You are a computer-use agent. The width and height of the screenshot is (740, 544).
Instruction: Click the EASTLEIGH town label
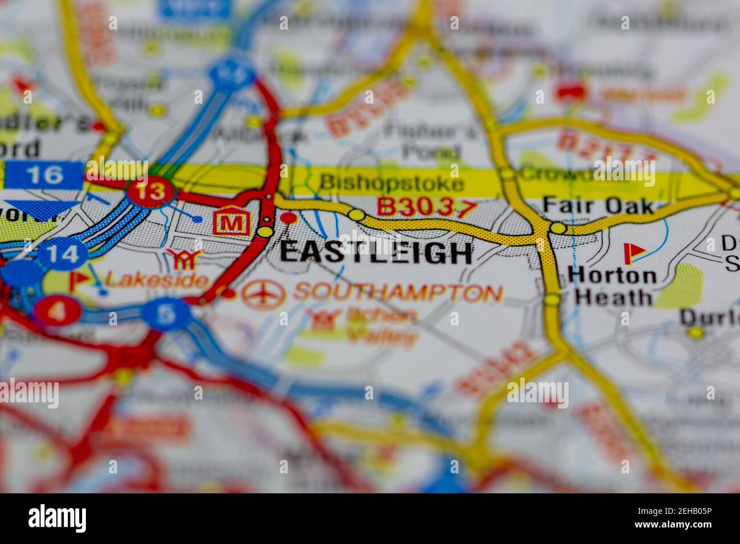376,253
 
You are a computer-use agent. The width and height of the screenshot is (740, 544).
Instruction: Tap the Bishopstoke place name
391,183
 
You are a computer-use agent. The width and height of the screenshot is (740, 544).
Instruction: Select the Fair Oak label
598,205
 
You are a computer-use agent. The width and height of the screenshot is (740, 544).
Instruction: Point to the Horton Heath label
612,286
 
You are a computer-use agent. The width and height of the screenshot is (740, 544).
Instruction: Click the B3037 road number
426,208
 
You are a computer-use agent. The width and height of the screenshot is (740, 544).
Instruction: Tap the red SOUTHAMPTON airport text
398,292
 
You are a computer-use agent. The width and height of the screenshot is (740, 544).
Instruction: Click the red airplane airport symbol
264,294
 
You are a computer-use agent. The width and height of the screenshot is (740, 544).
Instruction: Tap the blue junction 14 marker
63,254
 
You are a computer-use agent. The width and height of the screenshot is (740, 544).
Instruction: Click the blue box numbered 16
44,175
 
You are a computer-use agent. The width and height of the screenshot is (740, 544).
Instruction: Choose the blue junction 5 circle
166,314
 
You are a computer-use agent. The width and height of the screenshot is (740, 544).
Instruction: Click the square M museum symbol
231,223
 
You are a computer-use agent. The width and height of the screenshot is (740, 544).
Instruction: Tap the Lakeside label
157,279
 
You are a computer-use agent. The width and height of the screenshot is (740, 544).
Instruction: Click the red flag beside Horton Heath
632,253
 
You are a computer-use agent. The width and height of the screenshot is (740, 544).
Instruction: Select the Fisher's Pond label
431,141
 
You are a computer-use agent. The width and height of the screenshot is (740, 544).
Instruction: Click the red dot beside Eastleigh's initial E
290,218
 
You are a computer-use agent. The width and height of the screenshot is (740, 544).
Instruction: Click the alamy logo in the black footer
57,518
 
